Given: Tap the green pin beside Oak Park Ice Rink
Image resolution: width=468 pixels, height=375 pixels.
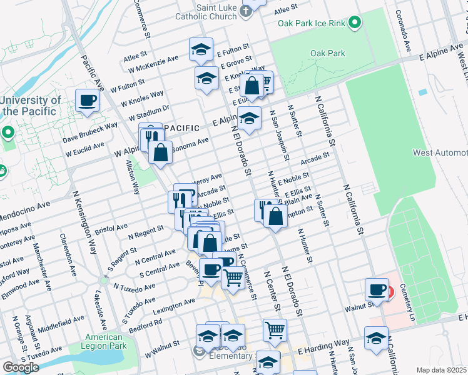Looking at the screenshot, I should pos(354,23).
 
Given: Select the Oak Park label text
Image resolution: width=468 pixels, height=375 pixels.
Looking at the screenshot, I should pos(327,54).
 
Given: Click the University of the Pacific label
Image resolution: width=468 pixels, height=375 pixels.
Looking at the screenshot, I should pos(30,106).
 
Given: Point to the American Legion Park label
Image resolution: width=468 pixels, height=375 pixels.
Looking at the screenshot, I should pos(104,342).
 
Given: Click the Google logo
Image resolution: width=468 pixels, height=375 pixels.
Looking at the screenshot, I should pos(21,367).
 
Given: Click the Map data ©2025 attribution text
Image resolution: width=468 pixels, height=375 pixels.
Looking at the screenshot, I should pos(441,370).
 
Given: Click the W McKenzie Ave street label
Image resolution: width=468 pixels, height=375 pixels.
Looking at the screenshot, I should pos(150,69).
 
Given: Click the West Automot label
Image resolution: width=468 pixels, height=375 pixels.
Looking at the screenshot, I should pos(440,153).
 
